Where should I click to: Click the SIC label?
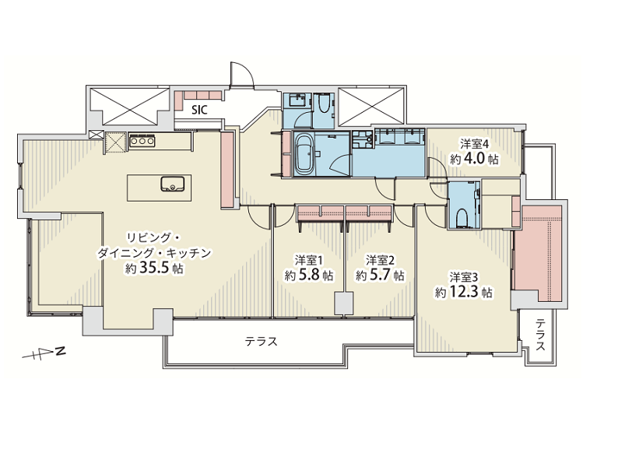(x=199, y=110)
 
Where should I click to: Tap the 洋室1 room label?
(x=309, y=261)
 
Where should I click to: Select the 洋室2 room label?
(x=380, y=261)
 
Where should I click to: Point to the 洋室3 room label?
(x=464, y=277)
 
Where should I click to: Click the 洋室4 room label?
(x=474, y=143)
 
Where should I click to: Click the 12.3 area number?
(x=464, y=292)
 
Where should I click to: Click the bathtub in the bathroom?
(x=304, y=154)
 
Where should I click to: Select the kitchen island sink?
(x=173, y=184)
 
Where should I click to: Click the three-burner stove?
(x=142, y=141)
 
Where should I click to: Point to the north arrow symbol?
(x=44, y=353)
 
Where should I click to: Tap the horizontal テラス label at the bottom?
(x=261, y=342)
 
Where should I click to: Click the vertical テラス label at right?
(x=540, y=335)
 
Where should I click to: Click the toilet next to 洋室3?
(x=462, y=218)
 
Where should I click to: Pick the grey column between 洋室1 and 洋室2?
(x=343, y=304)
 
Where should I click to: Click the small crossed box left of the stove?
(x=96, y=135)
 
